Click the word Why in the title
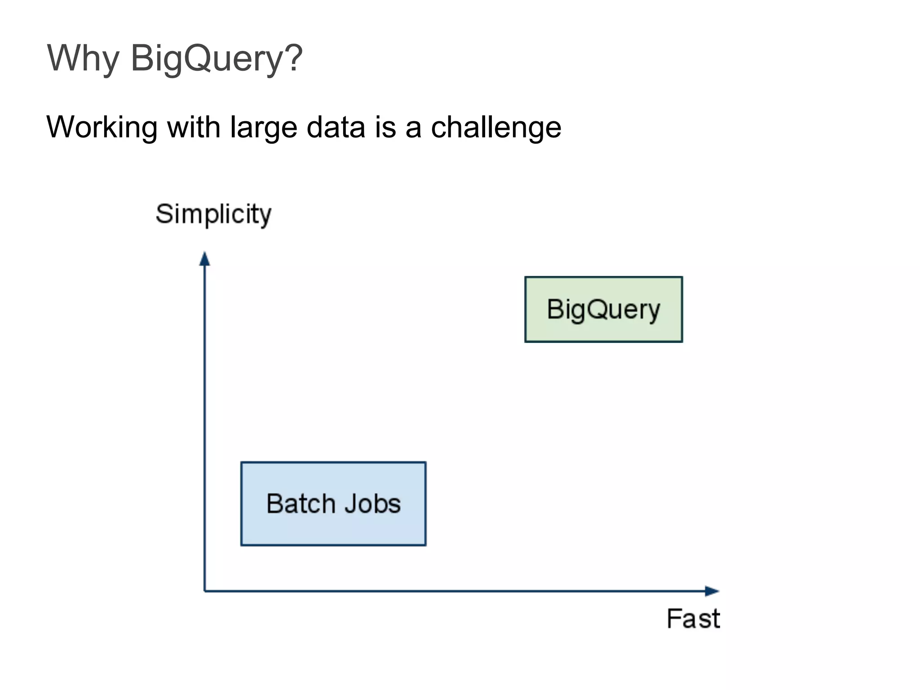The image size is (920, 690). click(83, 58)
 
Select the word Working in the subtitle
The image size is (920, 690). click(102, 127)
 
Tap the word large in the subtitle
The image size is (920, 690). click(264, 127)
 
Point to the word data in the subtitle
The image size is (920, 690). click(336, 127)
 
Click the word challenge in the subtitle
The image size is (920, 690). click(496, 127)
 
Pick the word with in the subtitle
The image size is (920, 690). click(194, 127)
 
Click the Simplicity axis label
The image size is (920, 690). click(213, 214)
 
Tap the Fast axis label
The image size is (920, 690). click(693, 619)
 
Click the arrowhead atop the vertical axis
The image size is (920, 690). click(205, 259)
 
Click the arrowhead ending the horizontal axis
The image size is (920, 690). click(712, 591)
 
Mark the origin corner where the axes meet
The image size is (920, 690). click(205, 591)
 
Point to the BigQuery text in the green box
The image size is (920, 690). click(604, 310)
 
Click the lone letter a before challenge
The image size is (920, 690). click(413, 127)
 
